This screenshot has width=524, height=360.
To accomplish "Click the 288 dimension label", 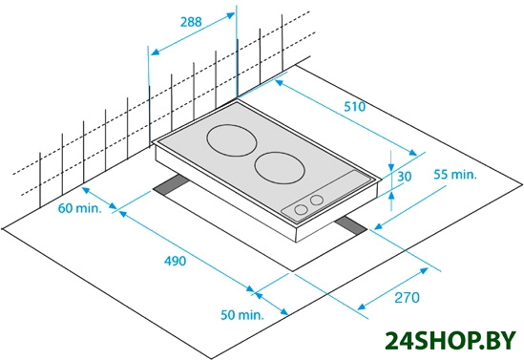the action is pyautogui.click(x=191, y=22).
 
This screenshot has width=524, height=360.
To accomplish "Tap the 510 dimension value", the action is pyautogui.click(x=355, y=107).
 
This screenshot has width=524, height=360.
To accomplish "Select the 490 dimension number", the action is pyautogui.click(x=175, y=261).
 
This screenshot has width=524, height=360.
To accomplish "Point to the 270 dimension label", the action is pyautogui.click(x=407, y=298).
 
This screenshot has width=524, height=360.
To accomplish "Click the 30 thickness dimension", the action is pyautogui.click(x=404, y=176).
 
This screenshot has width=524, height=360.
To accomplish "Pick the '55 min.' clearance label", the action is pyautogui.click(x=455, y=175).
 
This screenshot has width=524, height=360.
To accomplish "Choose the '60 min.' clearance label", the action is pyautogui.click(x=79, y=208).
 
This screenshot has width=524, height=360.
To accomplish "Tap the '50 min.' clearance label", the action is pyautogui.click(x=241, y=315).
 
